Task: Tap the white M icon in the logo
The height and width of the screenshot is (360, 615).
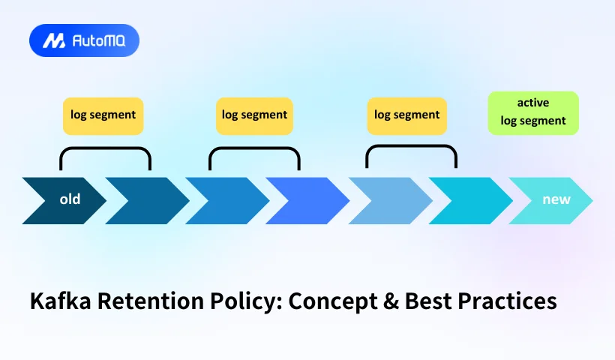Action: tap(53, 40)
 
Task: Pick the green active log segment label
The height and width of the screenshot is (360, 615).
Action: tap(533, 113)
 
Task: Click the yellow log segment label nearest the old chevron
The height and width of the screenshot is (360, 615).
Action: tap(103, 115)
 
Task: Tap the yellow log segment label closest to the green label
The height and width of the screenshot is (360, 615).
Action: tap(407, 115)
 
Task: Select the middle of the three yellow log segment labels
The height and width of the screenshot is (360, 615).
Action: tap(255, 115)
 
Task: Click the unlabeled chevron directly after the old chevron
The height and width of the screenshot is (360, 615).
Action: tap(145, 200)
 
